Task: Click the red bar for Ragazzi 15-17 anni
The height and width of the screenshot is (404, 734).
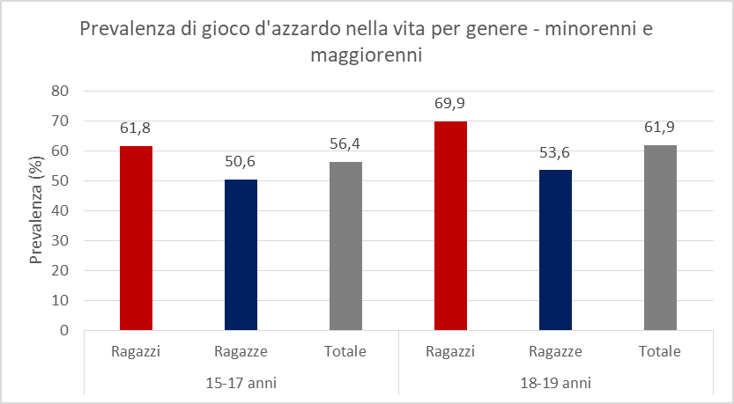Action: [x=136, y=238]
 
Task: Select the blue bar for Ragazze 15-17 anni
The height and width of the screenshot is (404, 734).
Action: [x=241, y=254]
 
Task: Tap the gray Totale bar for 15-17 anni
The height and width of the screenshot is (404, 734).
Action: [x=345, y=246]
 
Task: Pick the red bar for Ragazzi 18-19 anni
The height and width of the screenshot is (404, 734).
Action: [x=450, y=225]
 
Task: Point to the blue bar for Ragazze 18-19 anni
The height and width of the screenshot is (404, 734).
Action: [x=555, y=250]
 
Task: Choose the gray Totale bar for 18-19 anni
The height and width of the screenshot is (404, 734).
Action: [x=660, y=238]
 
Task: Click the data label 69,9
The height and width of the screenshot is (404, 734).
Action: [x=450, y=104]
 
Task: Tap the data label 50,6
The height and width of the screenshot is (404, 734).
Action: [x=241, y=162]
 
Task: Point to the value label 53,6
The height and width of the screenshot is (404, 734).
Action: [x=555, y=153]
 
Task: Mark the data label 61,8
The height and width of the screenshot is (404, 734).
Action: [x=136, y=129]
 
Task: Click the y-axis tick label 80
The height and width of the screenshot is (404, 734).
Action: [x=60, y=91]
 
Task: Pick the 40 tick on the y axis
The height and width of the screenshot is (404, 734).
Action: [x=60, y=210]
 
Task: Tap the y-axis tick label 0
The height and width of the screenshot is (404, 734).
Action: [x=64, y=330]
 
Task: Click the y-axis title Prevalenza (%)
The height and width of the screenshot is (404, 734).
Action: [x=36, y=210]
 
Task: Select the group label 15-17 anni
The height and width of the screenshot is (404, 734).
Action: [x=241, y=384]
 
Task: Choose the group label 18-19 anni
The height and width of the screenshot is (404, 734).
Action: [x=555, y=384]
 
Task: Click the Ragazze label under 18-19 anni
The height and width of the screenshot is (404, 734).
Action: [x=555, y=352]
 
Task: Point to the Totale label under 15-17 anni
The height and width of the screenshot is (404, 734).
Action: [x=345, y=352]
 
